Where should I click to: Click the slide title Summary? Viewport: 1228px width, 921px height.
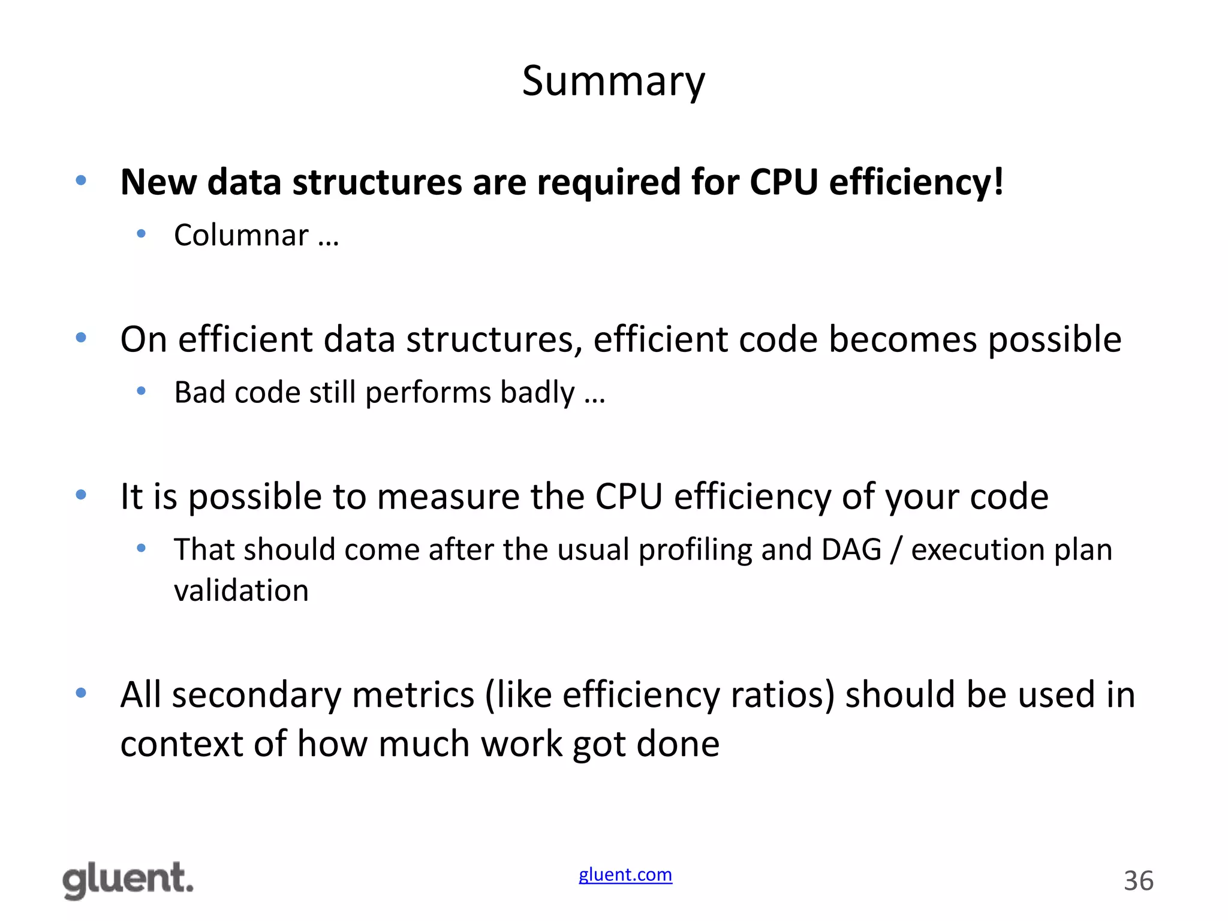click(x=613, y=82)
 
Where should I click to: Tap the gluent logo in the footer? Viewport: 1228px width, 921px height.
click(x=128, y=880)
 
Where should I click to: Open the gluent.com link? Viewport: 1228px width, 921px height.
click(x=625, y=875)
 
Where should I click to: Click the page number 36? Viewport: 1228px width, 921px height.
click(x=1138, y=881)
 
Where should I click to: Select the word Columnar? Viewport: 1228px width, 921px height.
click(x=241, y=234)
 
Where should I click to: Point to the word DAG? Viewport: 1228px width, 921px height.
click(x=851, y=549)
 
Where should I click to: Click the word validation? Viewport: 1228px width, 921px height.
click(x=241, y=591)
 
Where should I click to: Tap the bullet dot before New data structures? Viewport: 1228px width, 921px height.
click(x=81, y=180)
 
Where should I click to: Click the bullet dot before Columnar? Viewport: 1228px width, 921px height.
click(x=142, y=233)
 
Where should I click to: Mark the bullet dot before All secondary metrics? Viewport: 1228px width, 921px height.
click(x=81, y=693)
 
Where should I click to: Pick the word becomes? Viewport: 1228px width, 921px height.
click(x=902, y=339)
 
